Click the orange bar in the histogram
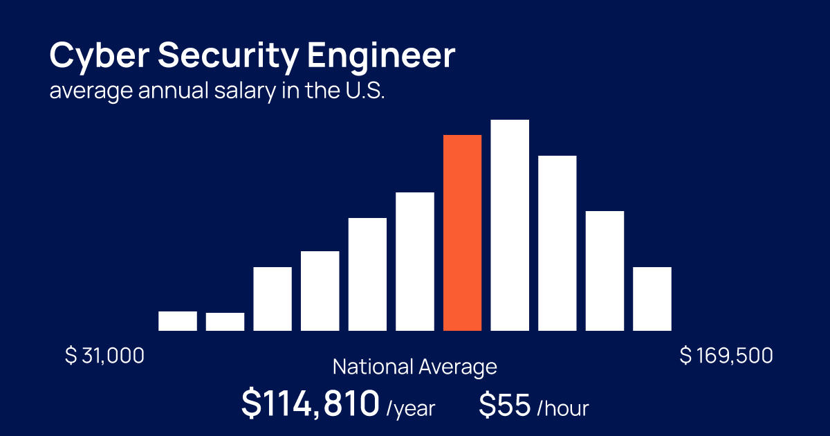coord(462,233)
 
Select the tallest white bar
coord(510,225)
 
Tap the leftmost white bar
coord(178,321)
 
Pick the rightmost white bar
coord(652,298)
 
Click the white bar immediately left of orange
coord(415,261)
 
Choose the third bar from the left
coord(273,298)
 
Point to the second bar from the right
coord(605,271)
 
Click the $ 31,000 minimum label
coord(105,356)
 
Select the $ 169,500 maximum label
coord(726,356)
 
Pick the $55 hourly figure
coord(505,405)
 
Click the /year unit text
coord(411,408)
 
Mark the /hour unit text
coord(562,408)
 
